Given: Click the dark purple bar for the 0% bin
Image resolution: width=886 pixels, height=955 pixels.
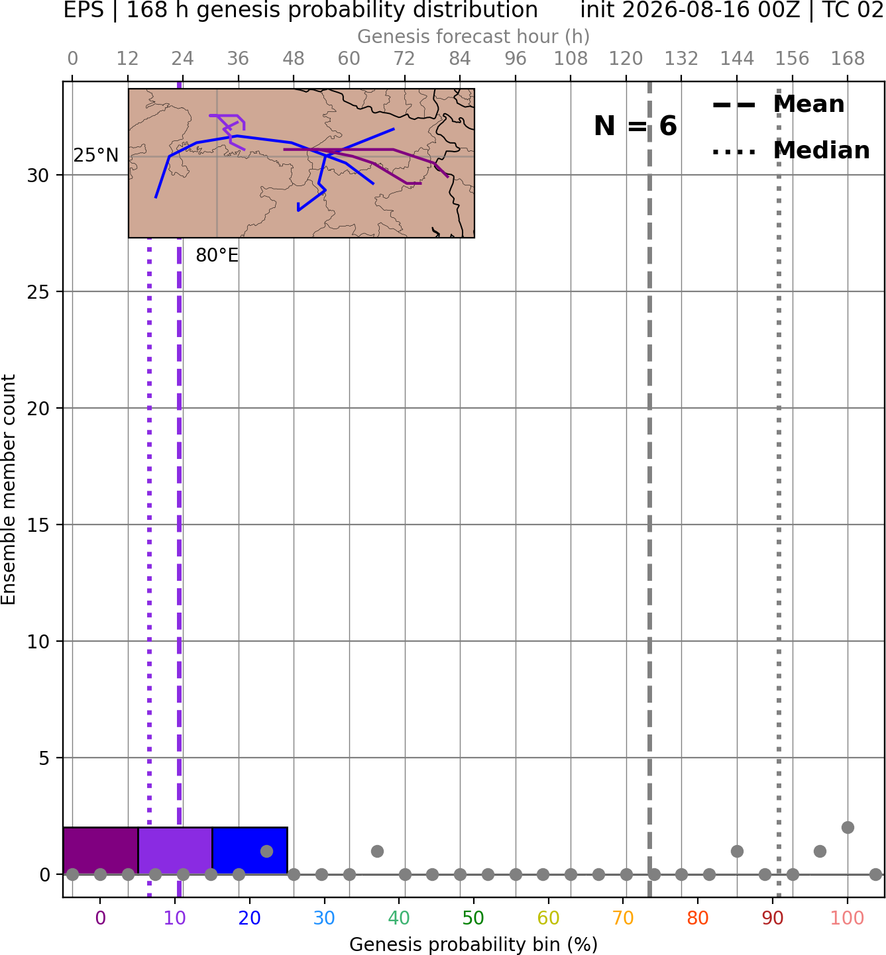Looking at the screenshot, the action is [x=101, y=850].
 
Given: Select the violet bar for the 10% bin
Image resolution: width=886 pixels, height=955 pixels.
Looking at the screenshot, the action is [x=175, y=850].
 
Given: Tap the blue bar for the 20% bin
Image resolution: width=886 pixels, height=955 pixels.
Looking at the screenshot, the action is [x=250, y=850].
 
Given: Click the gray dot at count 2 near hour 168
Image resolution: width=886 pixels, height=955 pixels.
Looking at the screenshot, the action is [x=848, y=828].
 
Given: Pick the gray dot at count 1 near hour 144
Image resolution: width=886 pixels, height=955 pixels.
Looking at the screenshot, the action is [x=737, y=851].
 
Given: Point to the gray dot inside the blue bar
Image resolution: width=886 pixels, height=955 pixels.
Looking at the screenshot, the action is [x=266, y=851].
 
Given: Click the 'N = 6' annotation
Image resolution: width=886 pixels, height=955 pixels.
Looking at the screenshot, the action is [x=636, y=126].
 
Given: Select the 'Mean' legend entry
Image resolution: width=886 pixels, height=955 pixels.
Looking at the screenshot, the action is [x=778, y=105].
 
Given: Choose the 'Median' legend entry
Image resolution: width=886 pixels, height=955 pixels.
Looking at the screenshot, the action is [x=791, y=150].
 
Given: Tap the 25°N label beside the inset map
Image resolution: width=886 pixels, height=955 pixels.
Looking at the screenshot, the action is [x=96, y=156].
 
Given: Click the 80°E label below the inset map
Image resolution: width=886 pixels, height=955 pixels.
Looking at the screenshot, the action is [x=217, y=256].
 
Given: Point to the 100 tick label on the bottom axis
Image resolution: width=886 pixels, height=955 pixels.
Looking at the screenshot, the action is [x=847, y=918].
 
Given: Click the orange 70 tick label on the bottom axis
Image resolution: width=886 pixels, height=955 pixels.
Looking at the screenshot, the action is [x=623, y=918].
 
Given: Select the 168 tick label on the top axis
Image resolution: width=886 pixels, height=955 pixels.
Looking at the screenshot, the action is [x=848, y=59].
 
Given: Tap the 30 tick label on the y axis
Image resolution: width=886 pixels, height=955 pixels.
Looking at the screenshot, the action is [x=38, y=176].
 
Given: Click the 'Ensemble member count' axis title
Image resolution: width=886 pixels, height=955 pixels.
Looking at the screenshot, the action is [x=9, y=490].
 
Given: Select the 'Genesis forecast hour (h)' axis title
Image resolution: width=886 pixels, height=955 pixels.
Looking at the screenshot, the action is [x=474, y=36].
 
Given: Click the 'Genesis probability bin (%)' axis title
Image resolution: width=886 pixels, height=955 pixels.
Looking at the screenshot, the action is [x=474, y=944].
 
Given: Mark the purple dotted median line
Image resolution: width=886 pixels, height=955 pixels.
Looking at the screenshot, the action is [x=149, y=568].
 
